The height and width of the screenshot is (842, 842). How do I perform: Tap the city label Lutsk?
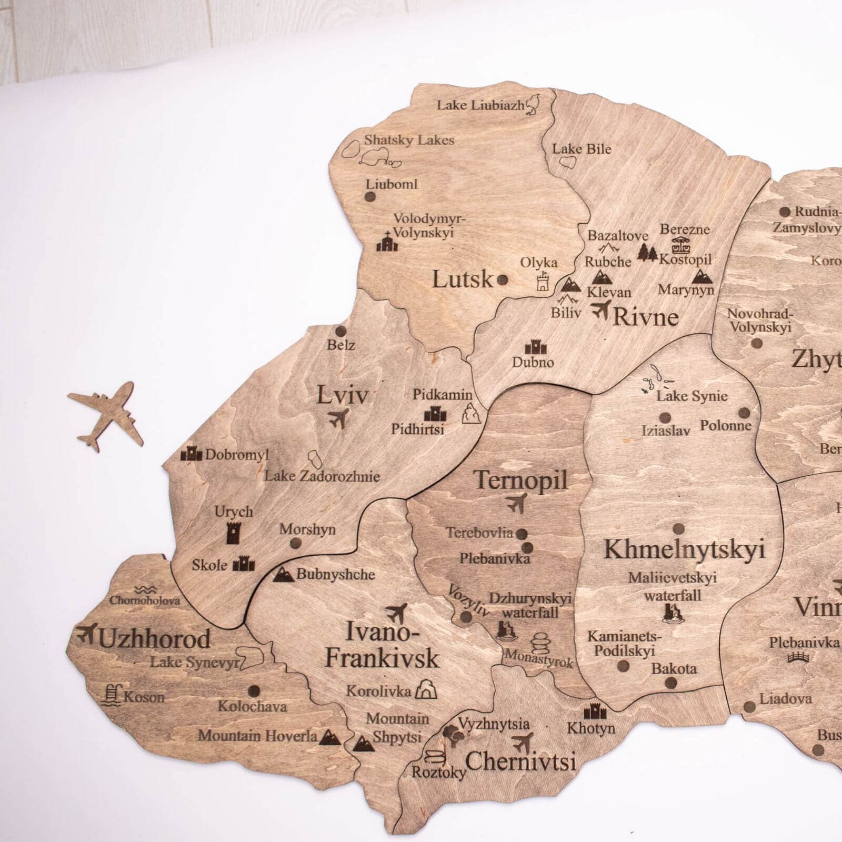462,279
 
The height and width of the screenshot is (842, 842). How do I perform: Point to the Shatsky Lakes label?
409,140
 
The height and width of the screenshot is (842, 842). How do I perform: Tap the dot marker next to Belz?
340,332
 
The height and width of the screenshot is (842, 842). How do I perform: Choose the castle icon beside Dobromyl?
191,453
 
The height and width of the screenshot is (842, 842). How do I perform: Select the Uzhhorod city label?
154,639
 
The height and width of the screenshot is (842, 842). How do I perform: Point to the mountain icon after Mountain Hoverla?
330,736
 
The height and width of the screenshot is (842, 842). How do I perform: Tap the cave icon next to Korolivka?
426,689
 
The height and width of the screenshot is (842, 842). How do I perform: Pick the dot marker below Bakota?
670,683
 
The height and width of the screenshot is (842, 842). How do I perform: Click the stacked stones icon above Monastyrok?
539,643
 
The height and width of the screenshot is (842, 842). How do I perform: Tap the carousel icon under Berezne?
681,245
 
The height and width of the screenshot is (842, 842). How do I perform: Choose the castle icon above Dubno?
533,347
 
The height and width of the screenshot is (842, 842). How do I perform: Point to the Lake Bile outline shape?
569,163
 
